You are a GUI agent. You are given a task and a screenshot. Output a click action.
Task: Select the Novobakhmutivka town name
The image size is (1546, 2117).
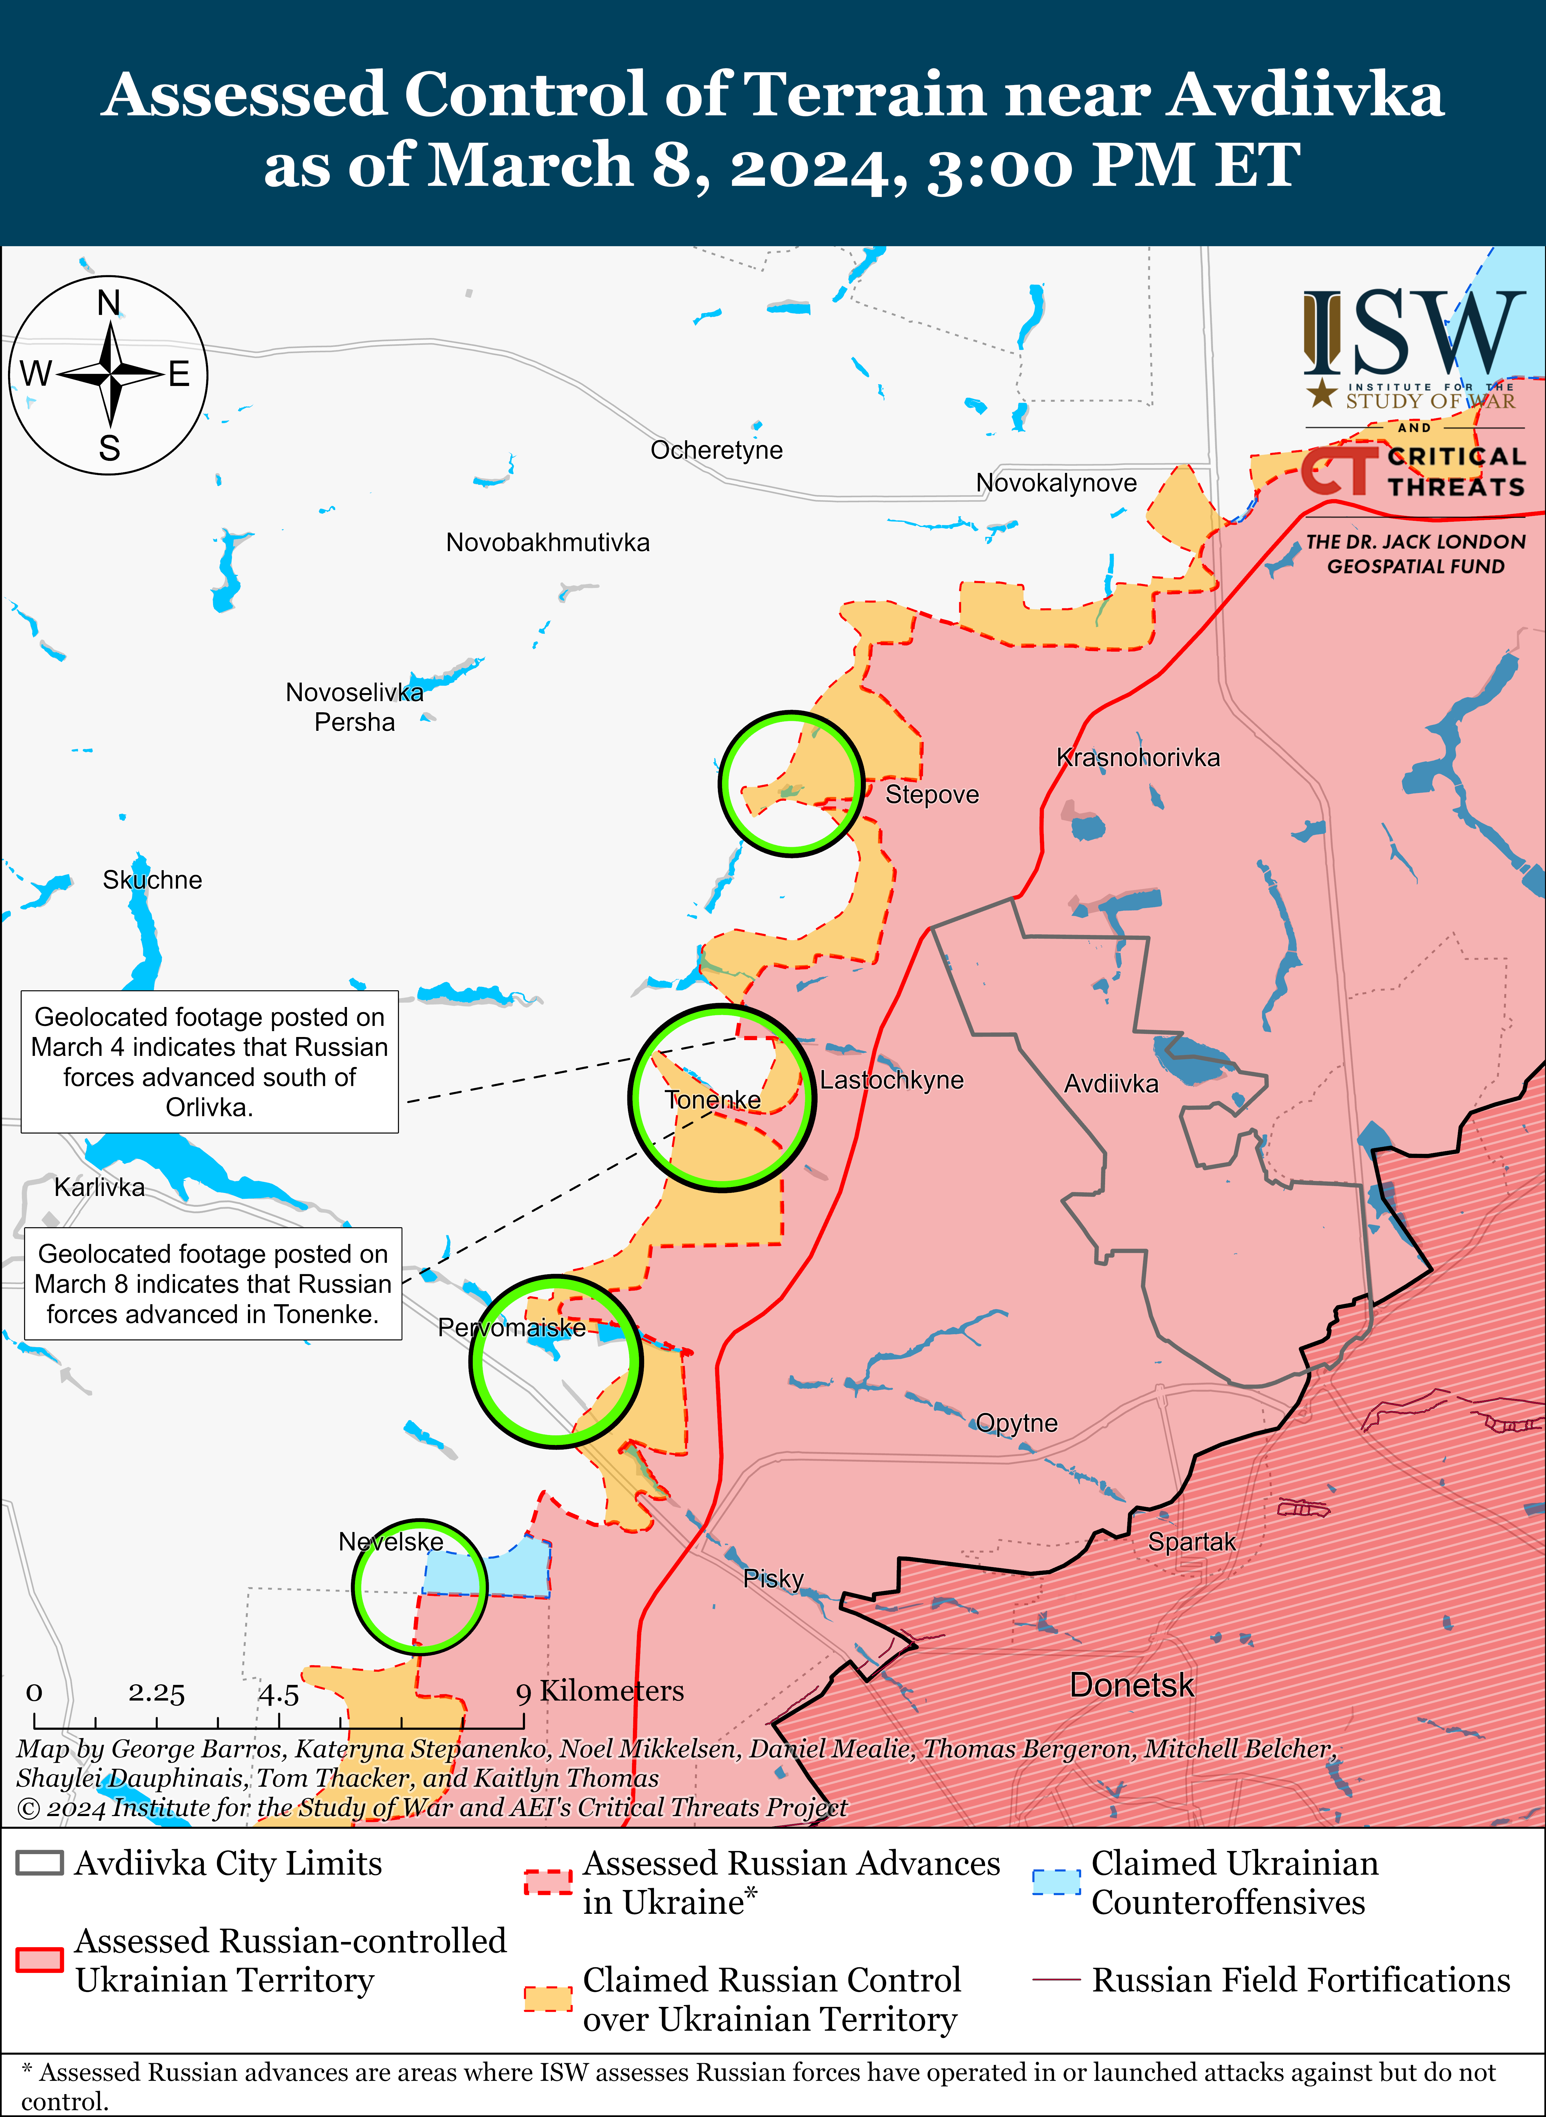pyautogui.click(x=548, y=543)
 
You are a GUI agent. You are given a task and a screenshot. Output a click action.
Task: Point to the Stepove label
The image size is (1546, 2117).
pyautogui.click(x=932, y=795)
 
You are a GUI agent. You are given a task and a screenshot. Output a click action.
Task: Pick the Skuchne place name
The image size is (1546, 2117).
pyautogui.click(x=152, y=880)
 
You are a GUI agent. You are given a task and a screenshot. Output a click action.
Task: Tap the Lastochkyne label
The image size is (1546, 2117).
pyautogui.click(x=892, y=1080)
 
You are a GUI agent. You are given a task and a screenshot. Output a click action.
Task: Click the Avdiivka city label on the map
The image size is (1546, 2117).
pyautogui.click(x=1111, y=1084)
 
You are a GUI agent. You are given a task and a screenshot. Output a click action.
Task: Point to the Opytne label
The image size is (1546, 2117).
pyautogui.click(x=1016, y=1424)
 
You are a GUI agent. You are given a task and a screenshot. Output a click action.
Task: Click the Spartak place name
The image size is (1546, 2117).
pyautogui.click(x=1191, y=1541)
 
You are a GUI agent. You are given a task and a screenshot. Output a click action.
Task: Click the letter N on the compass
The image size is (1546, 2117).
pyautogui.click(x=109, y=303)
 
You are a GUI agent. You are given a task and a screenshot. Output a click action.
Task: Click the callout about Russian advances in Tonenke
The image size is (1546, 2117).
pyautogui.click(x=212, y=1284)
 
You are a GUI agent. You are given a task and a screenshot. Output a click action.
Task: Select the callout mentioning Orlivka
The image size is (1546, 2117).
pyautogui.click(x=210, y=1062)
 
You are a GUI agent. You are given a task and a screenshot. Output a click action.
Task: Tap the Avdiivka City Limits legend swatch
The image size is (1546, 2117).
pyautogui.click(x=39, y=1863)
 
